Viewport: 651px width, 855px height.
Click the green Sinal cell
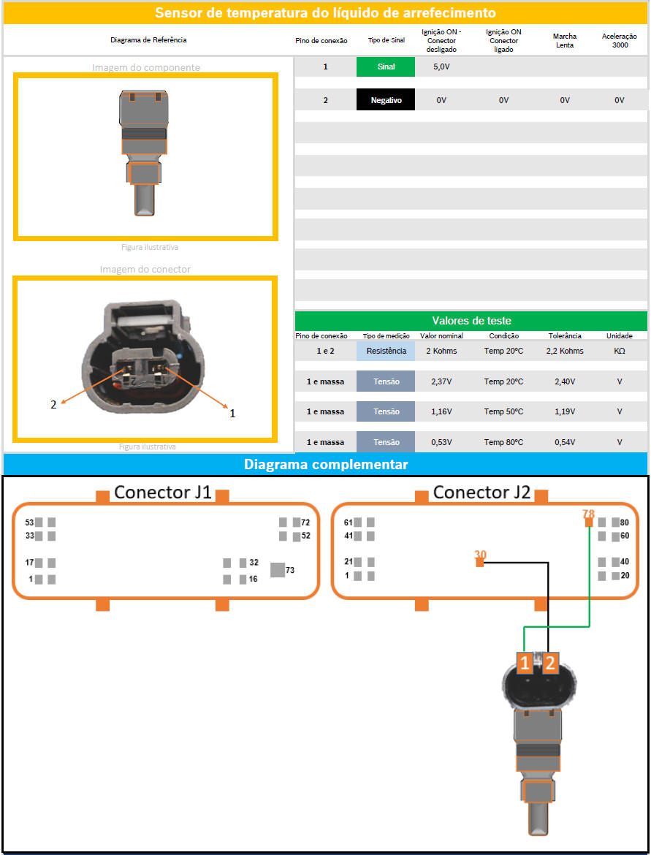(x=386, y=66)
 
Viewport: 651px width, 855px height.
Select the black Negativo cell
(x=386, y=100)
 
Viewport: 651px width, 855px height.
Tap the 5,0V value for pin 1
(x=441, y=66)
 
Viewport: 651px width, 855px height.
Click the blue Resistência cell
(x=386, y=351)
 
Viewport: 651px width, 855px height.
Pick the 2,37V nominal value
(x=441, y=381)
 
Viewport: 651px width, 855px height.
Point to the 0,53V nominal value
(x=441, y=442)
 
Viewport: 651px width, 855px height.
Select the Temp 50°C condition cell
(x=503, y=411)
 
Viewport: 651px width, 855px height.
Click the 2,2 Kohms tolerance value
(x=565, y=351)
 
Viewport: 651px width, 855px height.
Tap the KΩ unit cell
(x=620, y=351)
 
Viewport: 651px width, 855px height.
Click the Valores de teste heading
(x=471, y=321)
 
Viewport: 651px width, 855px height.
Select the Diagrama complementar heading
(x=326, y=465)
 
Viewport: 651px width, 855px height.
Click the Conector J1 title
(x=162, y=493)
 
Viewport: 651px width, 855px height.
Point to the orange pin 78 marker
(x=589, y=522)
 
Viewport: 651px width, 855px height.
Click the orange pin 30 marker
(x=480, y=563)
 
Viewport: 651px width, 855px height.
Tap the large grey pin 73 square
(x=278, y=570)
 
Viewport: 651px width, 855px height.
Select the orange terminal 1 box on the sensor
(x=525, y=663)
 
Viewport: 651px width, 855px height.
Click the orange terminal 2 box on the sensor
(x=550, y=663)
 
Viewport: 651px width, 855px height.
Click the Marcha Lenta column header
(x=565, y=40)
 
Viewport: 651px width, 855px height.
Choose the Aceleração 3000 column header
(x=620, y=40)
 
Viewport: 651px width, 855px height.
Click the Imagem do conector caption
(x=145, y=270)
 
